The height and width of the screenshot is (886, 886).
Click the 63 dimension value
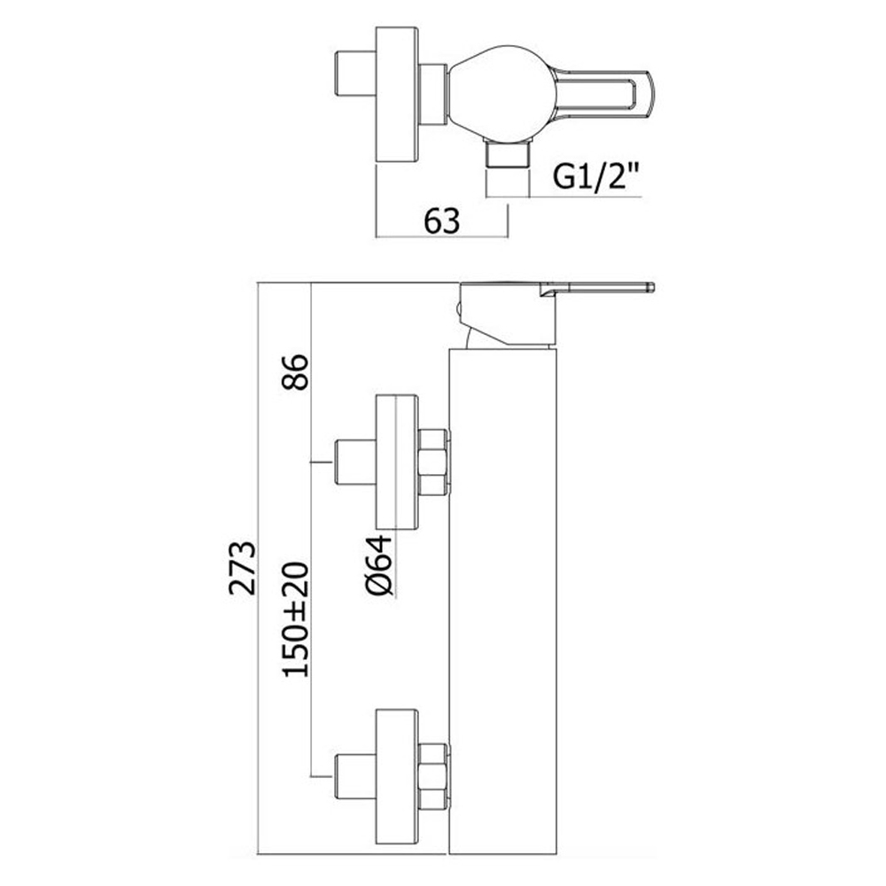442,221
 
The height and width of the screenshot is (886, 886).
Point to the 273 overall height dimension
243,568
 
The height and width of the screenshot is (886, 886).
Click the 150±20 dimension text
296,620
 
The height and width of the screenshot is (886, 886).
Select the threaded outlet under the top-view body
508,154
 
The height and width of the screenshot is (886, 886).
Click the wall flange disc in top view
397,94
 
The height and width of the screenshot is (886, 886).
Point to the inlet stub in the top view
356,74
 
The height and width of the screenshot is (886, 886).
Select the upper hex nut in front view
434,462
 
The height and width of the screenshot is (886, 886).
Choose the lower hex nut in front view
434,775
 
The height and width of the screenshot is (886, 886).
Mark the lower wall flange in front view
397,776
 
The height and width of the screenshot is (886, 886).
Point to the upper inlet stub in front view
356,462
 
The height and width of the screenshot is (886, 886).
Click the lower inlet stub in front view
356,776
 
